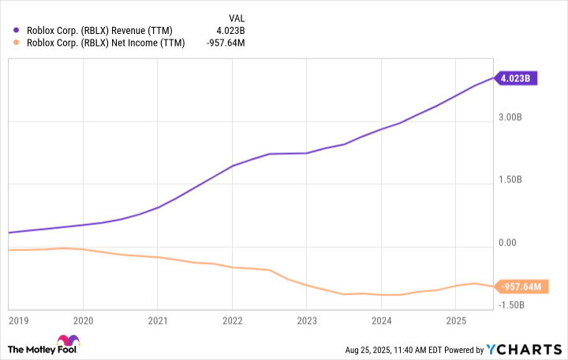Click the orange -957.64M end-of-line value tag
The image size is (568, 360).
[x=521, y=286]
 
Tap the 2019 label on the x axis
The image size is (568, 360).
[x=17, y=321]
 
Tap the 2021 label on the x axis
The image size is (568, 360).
[x=158, y=321]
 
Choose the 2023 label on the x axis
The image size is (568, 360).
[x=307, y=321]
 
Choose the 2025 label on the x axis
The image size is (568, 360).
[x=456, y=321]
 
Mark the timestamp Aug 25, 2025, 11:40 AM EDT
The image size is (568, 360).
[x=402, y=350]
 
